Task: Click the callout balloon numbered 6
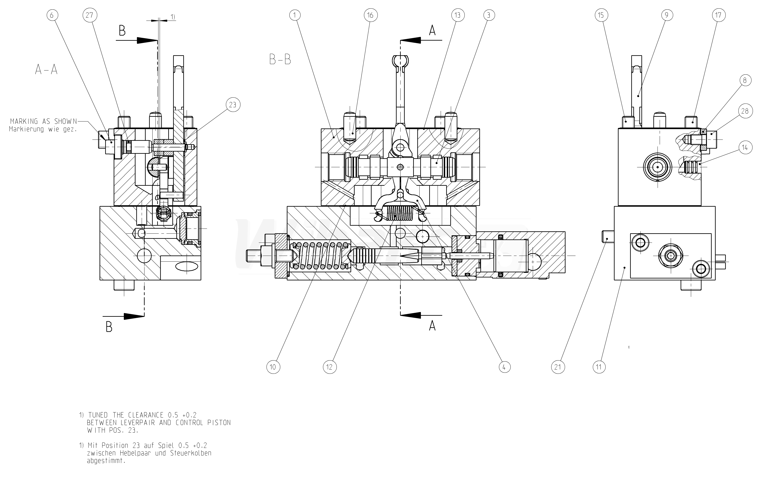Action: coord(53,15)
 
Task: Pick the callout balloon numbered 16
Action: coord(371,15)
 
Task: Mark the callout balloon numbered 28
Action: coord(745,111)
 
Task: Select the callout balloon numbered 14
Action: coord(745,148)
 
